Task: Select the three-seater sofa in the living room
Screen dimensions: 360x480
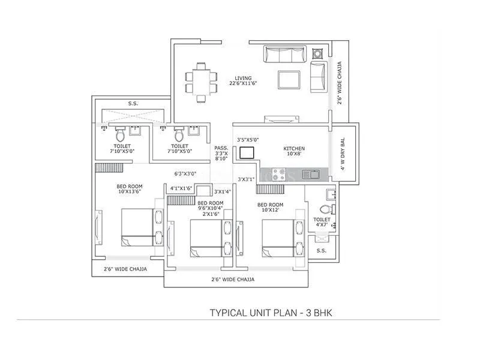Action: pos(286,55)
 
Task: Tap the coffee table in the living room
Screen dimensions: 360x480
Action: pos(289,80)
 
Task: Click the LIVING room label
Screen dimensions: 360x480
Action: pos(243,78)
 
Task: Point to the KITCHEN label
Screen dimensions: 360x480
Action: pos(294,148)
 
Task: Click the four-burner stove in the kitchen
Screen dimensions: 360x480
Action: pos(279,175)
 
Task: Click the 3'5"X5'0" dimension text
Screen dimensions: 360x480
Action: pos(249,139)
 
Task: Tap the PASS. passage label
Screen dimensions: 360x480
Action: pos(221,148)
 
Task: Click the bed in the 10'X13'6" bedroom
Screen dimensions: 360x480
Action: pos(137,227)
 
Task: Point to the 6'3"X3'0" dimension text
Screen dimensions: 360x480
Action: pos(186,173)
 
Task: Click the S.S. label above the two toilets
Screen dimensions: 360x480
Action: pos(133,103)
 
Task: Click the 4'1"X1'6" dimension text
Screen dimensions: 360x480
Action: pos(181,188)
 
